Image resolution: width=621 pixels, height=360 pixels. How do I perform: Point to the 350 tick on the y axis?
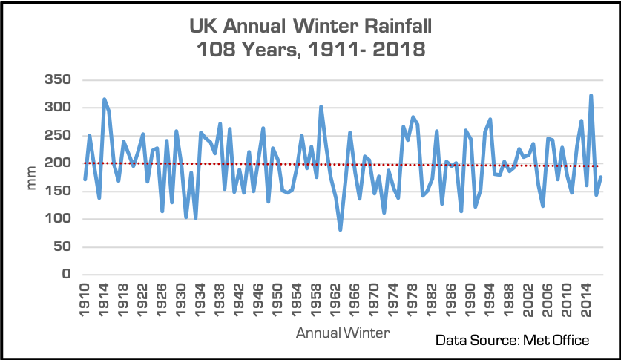(56, 79)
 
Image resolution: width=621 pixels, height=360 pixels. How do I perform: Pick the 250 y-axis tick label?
(56, 135)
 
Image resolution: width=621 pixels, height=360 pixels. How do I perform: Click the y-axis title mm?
(32, 177)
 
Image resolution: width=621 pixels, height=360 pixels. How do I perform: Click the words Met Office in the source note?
(556, 340)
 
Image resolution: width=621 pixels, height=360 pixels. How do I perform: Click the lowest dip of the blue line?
(341, 229)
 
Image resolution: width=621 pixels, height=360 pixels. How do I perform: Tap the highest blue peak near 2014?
(591, 96)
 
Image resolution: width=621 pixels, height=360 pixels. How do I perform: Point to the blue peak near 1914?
(105, 99)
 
